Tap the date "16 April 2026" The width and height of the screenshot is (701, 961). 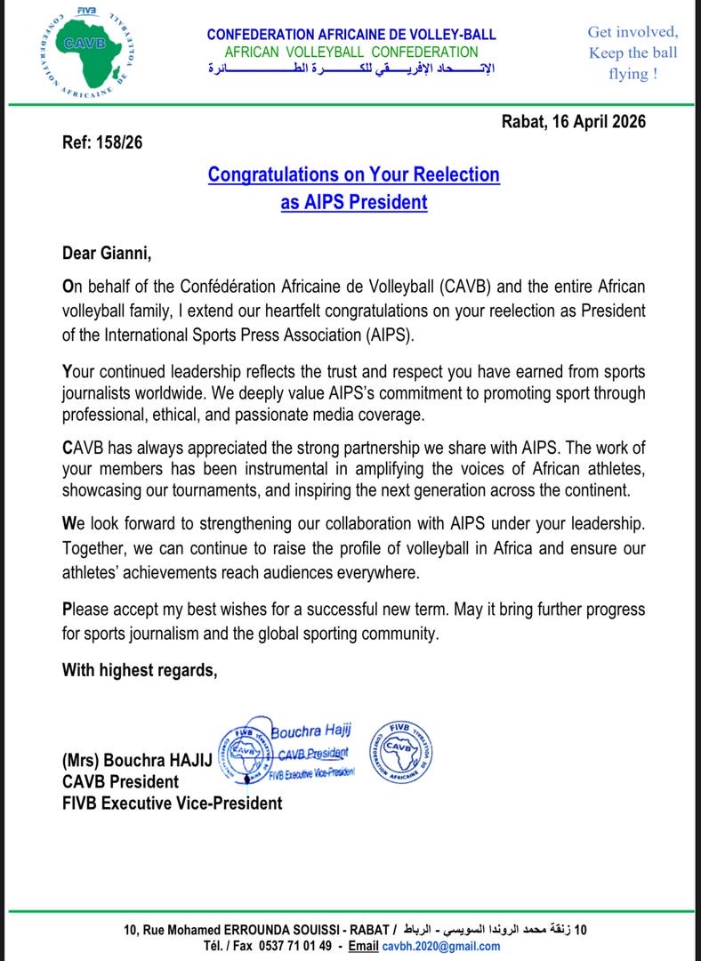click(x=594, y=122)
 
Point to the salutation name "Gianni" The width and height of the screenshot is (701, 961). click(x=126, y=254)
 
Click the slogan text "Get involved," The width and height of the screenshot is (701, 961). click(x=633, y=32)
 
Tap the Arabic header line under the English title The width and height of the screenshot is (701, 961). click(x=351, y=69)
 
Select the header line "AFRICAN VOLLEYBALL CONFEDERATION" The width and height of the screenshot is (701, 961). click(x=351, y=52)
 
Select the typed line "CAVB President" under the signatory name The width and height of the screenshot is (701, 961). click(x=120, y=782)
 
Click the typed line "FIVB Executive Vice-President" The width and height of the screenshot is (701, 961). click(x=172, y=803)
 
